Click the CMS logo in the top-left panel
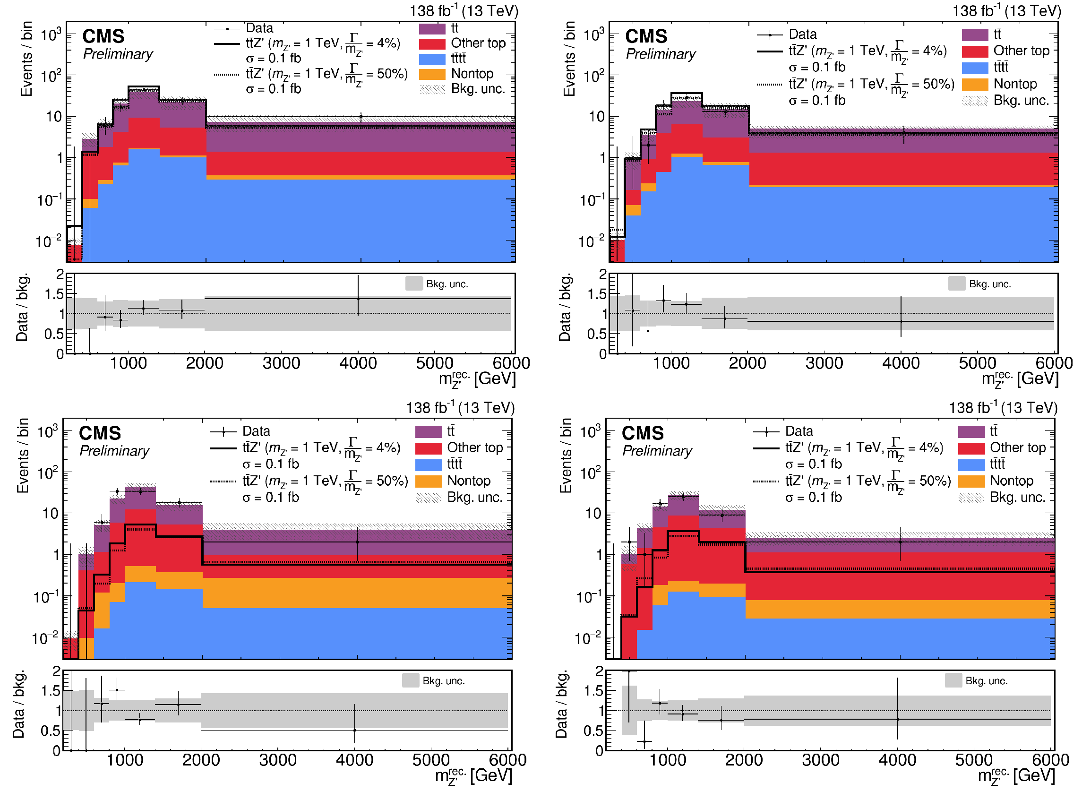pyautogui.click(x=103, y=36)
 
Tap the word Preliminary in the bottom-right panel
pyautogui.click(x=657, y=451)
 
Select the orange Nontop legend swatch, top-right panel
pyautogui.click(x=975, y=84)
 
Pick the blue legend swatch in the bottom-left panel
pyautogui.click(x=428, y=464)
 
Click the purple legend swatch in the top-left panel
pyautogui.click(x=432, y=28)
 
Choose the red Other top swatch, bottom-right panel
pyautogui.click(x=971, y=448)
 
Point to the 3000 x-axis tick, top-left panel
pyautogui.click(x=281, y=363)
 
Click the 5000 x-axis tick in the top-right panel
pyautogui.click(x=977, y=363)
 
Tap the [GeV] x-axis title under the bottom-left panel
pyautogui.click(x=491, y=776)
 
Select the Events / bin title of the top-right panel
pyautogui.click(x=569, y=59)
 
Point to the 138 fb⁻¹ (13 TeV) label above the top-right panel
pyautogui.click(x=1007, y=10)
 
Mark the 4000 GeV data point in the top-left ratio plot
pyautogui.click(x=358, y=299)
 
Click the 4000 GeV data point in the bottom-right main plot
pyautogui.click(x=900, y=542)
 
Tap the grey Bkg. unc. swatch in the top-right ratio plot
pyautogui.click(x=957, y=284)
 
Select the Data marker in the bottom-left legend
pyautogui.click(x=223, y=432)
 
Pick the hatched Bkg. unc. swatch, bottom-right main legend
pyautogui.click(x=971, y=498)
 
